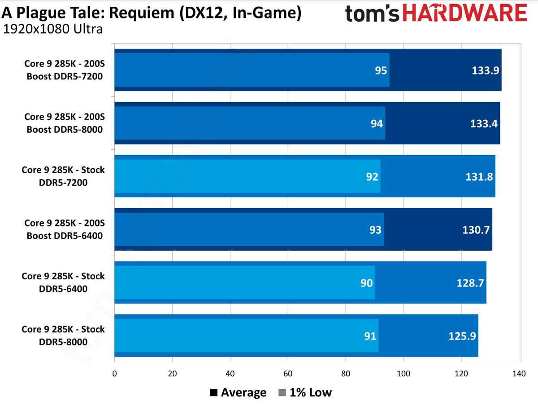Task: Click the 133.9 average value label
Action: pyautogui.click(x=486, y=70)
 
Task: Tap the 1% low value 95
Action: pyautogui.click(x=381, y=70)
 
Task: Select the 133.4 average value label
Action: pyautogui.click(x=485, y=123)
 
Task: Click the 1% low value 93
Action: pyautogui.click(x=375, y=230)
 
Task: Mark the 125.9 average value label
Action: pyautogui.click(x=462, y=335)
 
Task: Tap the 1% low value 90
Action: pyautogui.click(x=366, y=282)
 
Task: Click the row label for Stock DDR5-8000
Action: pyautogui.click(x=63, y=335)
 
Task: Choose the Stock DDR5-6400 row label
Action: pyautogui.click(x=63, y=282)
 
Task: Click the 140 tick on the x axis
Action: pyautogui.click(x=519, y=373)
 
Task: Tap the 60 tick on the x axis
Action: pyautogui.click(x=288, y=373)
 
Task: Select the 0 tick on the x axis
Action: pyautogui.click(x=115, y=373)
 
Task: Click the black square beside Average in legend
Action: pyautogui.click(x=214, y=393)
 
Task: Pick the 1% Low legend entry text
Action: pyautogui.click(x=311, y=393)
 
